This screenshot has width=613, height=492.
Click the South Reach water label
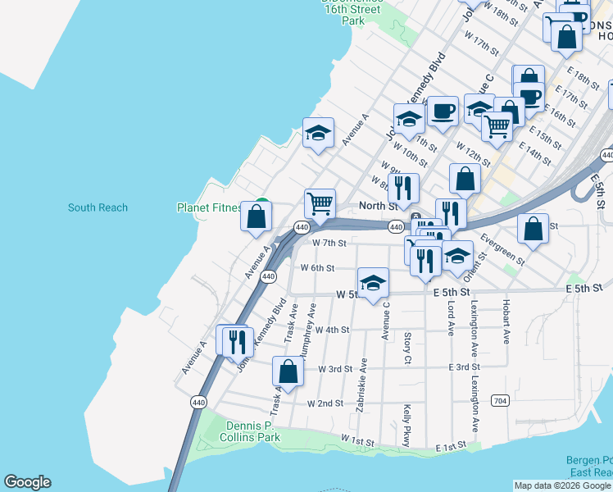[98, 207]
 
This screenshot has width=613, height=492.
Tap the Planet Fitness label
[210, 207]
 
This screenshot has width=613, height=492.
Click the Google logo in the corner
[27, 482]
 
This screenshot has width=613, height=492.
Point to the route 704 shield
[500, 400]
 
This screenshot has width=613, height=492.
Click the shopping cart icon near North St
[320, 203]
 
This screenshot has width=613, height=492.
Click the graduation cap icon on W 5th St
[373, 284]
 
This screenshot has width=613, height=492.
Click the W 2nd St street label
[325, 403]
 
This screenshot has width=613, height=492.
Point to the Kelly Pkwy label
[406, 425]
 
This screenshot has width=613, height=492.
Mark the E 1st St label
[452, 445]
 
